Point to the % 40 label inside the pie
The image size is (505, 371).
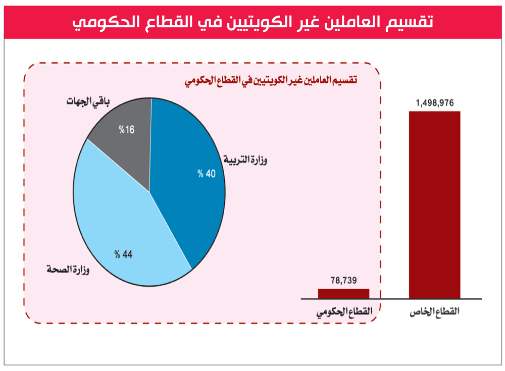pyautogui.click(x=207, y=174)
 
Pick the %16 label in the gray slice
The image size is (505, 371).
pyautogui.click(x=127, y=130)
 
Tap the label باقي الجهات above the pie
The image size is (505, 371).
pyautogui.click(x=88, y=101)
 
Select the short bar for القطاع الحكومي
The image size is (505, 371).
pyautogui.click(x=343, y=293)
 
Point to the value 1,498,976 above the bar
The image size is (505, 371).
pyautogui.click(x=434, y=103)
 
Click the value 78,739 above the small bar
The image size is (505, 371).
pyautogui.click(x=344, y=281)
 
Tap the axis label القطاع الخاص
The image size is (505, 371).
pyautogui.click(x=434, y=312)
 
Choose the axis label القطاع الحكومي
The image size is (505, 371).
pyautogui.click(x=344, y=312)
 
